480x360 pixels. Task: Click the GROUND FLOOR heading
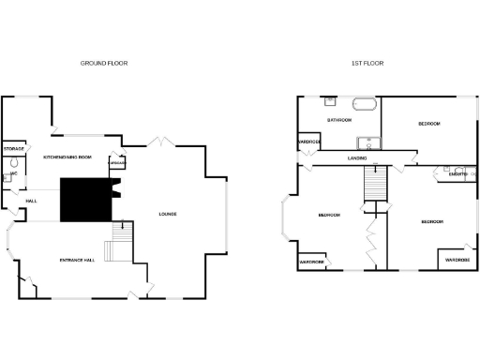pyautogui.click(x=104, y=63)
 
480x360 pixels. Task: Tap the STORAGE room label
pyautogui.click(x=13, y=149)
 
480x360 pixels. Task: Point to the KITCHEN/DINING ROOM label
pyautogui.click(x=67, y=157)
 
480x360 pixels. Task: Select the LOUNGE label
pyautogui.click(x=168, y=215)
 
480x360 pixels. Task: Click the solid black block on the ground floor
pyautogui.click(x=83, y=200)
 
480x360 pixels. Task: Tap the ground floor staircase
pyautogui.click(x=120, y=242)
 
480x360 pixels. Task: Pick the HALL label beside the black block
pyautogui.click(x=31, y=202)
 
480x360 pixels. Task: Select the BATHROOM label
pyautogui.click(x=338, y=120)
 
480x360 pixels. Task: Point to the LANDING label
pyautogui.click(x=356, y=158)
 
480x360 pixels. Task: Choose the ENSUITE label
pyautogui.click(x=458, y=174)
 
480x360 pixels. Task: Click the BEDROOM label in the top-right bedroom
pyautogui.click(x=429, y=123)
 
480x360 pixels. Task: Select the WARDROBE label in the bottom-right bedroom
pyautogui.click(x=457, y=259)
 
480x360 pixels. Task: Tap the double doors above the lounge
pyautogui.click(x=160, y=142)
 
